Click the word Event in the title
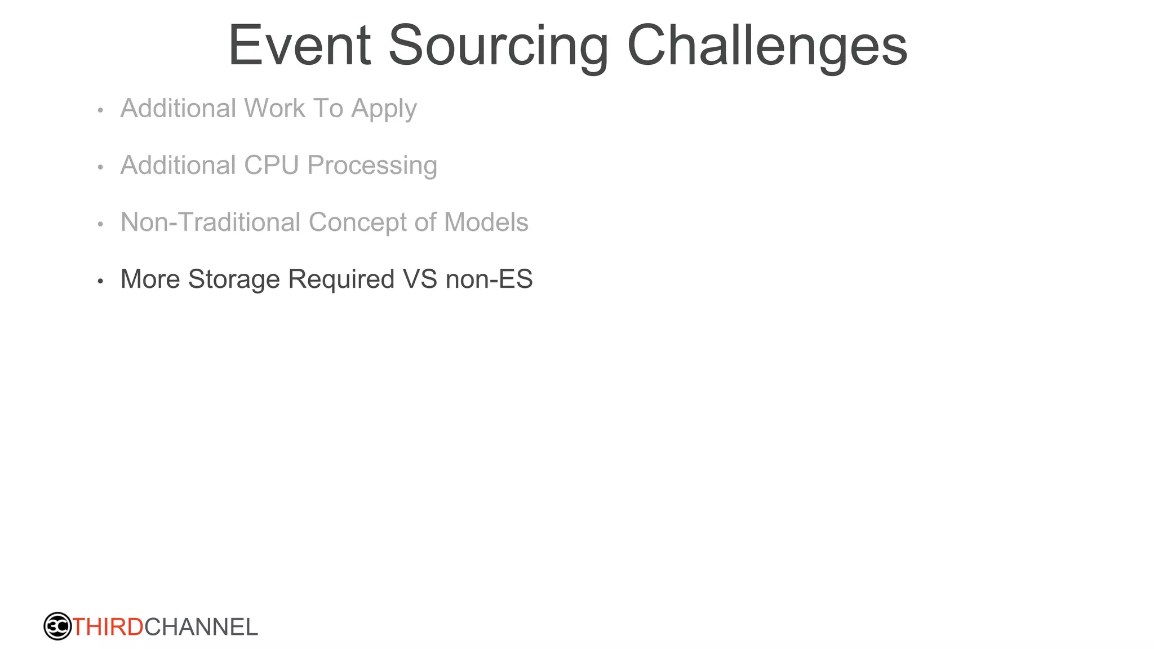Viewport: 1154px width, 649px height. pyautogui.click(x=299, y=46)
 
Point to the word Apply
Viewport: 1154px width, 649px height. pyautogui.click(x=384, y=109)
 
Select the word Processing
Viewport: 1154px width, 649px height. pyautogui.click(x=372, y=166)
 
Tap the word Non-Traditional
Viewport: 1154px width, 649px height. pyautogui.click(x=210, y=222)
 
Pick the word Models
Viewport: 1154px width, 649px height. pyautogui.click(x=486, y=222)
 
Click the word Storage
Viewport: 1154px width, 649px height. pyautogui.click(x=234, y=279)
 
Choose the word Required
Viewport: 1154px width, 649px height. pyautogui.click(x=341, y=279)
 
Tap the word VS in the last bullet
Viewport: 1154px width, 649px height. pyautogui.click(x=420, y=279)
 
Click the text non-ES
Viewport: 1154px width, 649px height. pyautogui.click(x=489, y=279)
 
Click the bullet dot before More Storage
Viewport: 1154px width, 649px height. pyautogui.click(x=100, y=281)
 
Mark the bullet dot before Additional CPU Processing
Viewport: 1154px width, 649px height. pyautogui.click(x=100, y=167)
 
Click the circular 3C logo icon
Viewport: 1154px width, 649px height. pyautogui.click(x=57, y=626)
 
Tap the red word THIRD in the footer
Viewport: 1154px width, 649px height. pyautogui.click(x=108, y=627)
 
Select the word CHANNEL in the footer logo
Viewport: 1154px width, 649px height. pyautogui.click(x=201, y=627)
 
